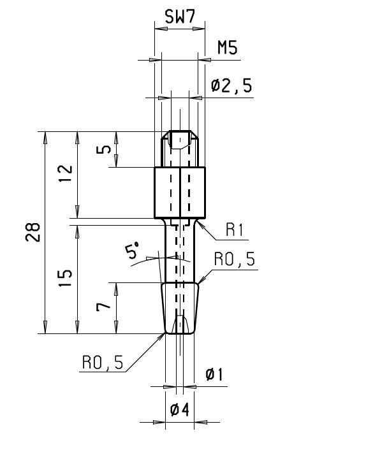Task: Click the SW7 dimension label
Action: point(179,17)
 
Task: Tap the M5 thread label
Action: point(227,47)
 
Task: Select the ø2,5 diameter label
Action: point(231,86)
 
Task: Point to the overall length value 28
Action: point(33,232)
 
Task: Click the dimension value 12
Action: point(65,173)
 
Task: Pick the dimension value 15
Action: point(65,278)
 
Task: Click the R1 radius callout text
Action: point(234,229)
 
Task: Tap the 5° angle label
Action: point(131,250)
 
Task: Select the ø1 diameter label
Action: point(214,375)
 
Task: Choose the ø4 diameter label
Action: point(179,409)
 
